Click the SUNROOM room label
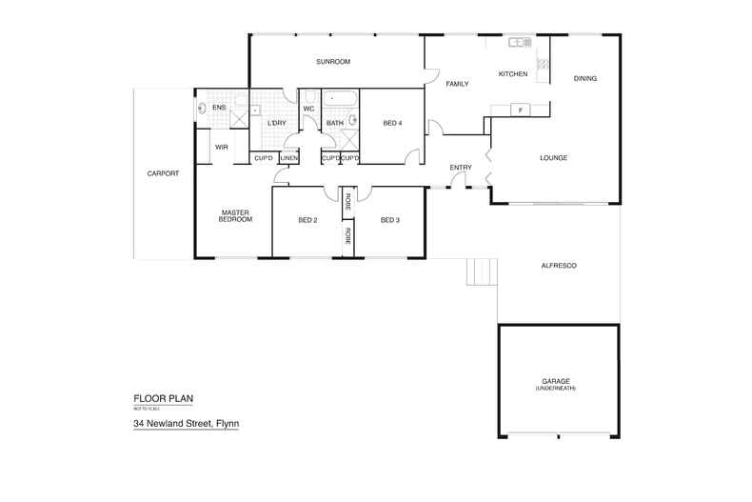[334, 62]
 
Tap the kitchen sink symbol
[519, 42]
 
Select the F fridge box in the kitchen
[520, 110]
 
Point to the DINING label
[585, 78]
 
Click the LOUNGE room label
[553, 157]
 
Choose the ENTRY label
[461, 169]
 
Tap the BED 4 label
[391, 123]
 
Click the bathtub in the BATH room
[341, 98]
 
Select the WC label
[308, 109]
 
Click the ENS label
[219, 108]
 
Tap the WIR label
[221, 147]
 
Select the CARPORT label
[163, 173]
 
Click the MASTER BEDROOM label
[235, 216]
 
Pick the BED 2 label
[307, 220]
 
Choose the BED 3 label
[388, 220]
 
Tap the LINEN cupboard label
[288, 158]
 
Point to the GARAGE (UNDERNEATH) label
[557, 385]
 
